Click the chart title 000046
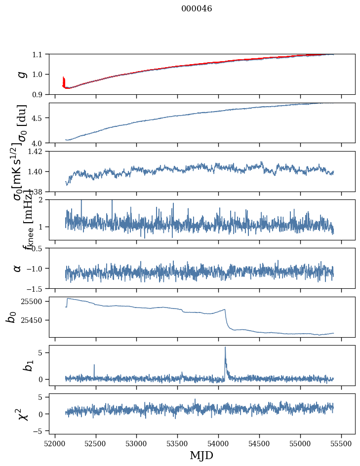(x=197, y=9)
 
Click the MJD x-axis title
(x=201, y=455)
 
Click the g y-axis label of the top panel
(x=20, y=74)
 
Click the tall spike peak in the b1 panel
(x=225, y=347)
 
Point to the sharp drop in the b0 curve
(x=226, y=319)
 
